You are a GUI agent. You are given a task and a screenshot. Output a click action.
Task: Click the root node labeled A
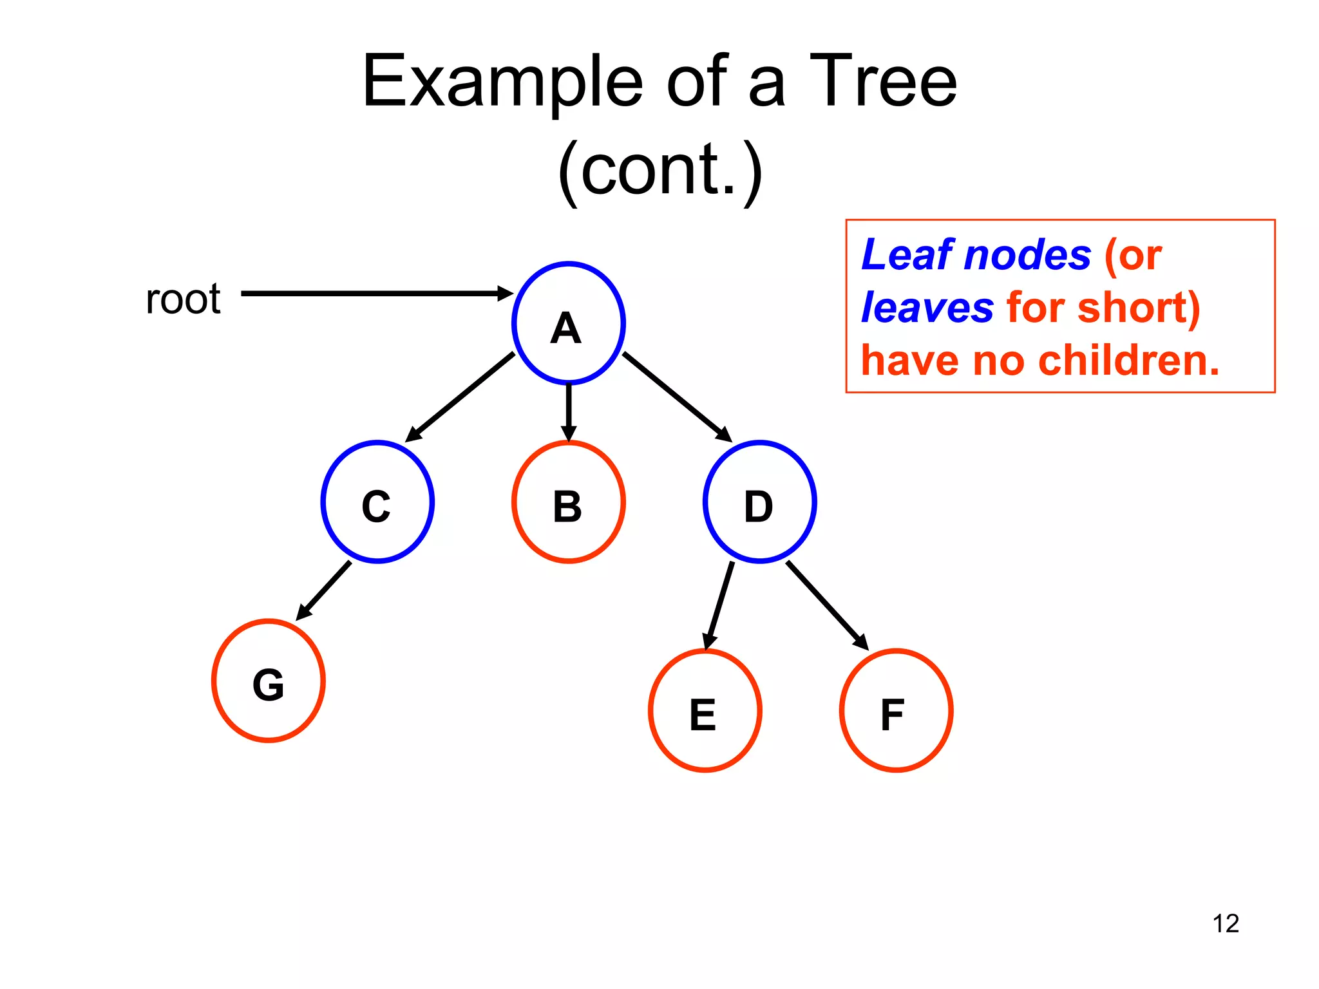[568, 323]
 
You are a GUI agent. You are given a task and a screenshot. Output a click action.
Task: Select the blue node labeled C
[377, 502]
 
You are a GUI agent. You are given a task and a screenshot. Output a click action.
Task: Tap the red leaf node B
[568, 502]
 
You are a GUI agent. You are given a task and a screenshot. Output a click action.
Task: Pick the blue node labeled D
[760, 502]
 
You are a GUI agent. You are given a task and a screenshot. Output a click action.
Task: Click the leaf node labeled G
[268, 681]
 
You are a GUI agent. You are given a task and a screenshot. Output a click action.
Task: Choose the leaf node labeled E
[705, 711]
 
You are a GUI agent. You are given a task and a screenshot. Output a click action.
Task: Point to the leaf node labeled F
[896, 711]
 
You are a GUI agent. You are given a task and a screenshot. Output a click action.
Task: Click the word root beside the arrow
[183, 299]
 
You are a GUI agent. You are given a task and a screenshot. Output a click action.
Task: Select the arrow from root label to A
[374, 294]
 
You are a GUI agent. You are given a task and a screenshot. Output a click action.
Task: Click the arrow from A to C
[460, 397]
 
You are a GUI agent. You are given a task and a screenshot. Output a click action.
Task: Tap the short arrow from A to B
[568, 412]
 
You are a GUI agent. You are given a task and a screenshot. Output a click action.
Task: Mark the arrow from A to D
[676, 397]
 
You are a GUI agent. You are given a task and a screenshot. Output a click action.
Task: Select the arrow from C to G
[325, 590]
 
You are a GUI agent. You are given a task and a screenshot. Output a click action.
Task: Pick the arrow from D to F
[826, 605]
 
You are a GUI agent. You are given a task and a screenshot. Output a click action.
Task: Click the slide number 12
[1226, 923]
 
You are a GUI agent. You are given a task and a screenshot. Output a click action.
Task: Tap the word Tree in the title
[882, 82]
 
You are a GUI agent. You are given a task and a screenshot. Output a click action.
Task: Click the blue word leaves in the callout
[927, 307]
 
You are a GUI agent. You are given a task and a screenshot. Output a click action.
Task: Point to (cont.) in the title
[659, 170]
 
